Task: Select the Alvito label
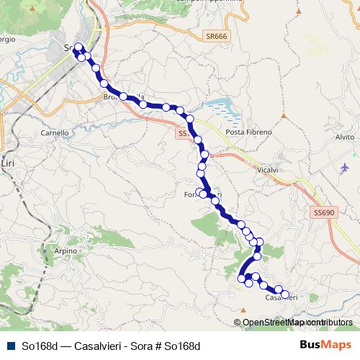(x=345, y=137)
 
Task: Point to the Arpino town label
(x=65, y=251)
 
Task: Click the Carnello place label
(x=55, y=133)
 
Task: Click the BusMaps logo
(x=325, y=344)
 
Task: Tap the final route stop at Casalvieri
(x=285, y=294)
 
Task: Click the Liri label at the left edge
(x=8, y=164)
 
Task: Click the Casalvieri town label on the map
(x=279, y=297)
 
